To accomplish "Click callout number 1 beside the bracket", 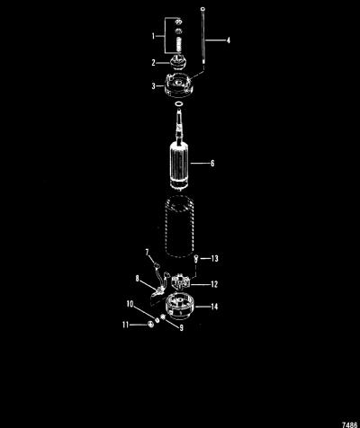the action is [x=153, y=36].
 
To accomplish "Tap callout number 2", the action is [x=153, y=63].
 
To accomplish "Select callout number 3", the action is [x=153, y=86].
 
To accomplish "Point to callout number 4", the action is [x=228, y=40].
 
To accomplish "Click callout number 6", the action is [x=212, y=164].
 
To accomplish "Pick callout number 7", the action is [x=147, y=253].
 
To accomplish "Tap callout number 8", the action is [x=138, y=279].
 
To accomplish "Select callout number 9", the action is [x=181, y=328].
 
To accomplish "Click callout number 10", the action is [x=130, y=304].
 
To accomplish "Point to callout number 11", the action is [x=125, y=325].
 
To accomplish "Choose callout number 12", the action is [x=214, y=284].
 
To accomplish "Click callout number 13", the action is [x=215, y=258].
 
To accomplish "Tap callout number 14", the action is [x=214, y=307].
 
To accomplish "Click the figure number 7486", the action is [x=349, y=424].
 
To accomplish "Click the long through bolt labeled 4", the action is [x=203, y=35].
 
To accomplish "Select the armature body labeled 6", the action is [x=179, y=165].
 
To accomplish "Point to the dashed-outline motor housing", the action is [x=179, y=227].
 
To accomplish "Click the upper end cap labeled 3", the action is [x=178, y=85].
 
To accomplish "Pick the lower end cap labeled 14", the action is [x=180, y=305].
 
